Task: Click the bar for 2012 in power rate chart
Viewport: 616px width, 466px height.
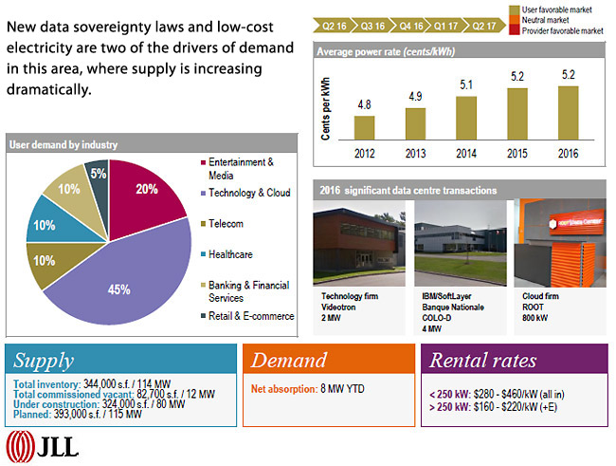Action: tap(365, 128)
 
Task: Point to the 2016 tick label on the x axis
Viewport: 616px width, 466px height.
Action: tap(568, 153)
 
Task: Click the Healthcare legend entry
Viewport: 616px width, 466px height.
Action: tap(233, 254)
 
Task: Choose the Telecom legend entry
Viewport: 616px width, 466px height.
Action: tap(226, 224)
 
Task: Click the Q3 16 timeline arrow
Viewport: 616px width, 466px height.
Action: tap(372, 25)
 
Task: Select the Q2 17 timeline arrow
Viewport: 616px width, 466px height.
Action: tap(485, 25)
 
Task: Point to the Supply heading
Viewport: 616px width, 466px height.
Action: tap(44, 361)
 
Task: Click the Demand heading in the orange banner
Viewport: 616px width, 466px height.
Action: tap(288, 361)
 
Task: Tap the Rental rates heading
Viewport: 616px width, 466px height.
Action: tap(482, 361)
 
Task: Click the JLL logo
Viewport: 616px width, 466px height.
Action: tap(43, 445)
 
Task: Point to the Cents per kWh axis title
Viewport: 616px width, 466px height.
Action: tap(325, 108)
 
